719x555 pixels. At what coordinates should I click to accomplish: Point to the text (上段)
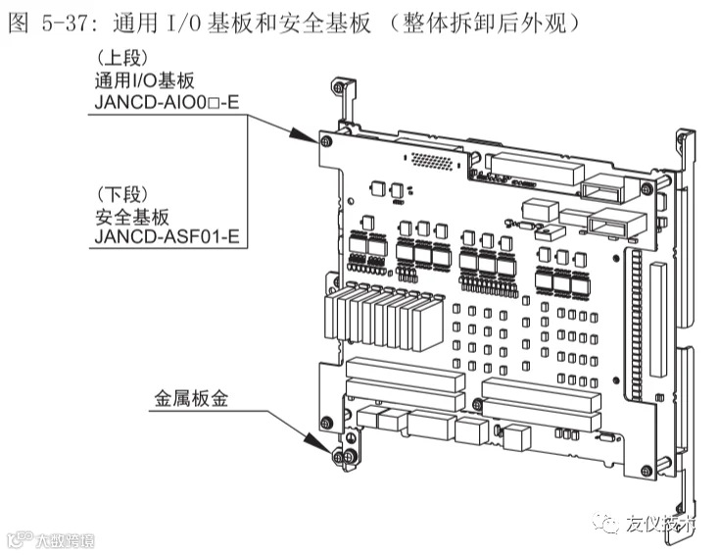click(x=119, y=57)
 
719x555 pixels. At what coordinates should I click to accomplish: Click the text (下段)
click(x=119, y=192)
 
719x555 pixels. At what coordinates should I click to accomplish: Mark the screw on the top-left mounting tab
click(x=340, y=88)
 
